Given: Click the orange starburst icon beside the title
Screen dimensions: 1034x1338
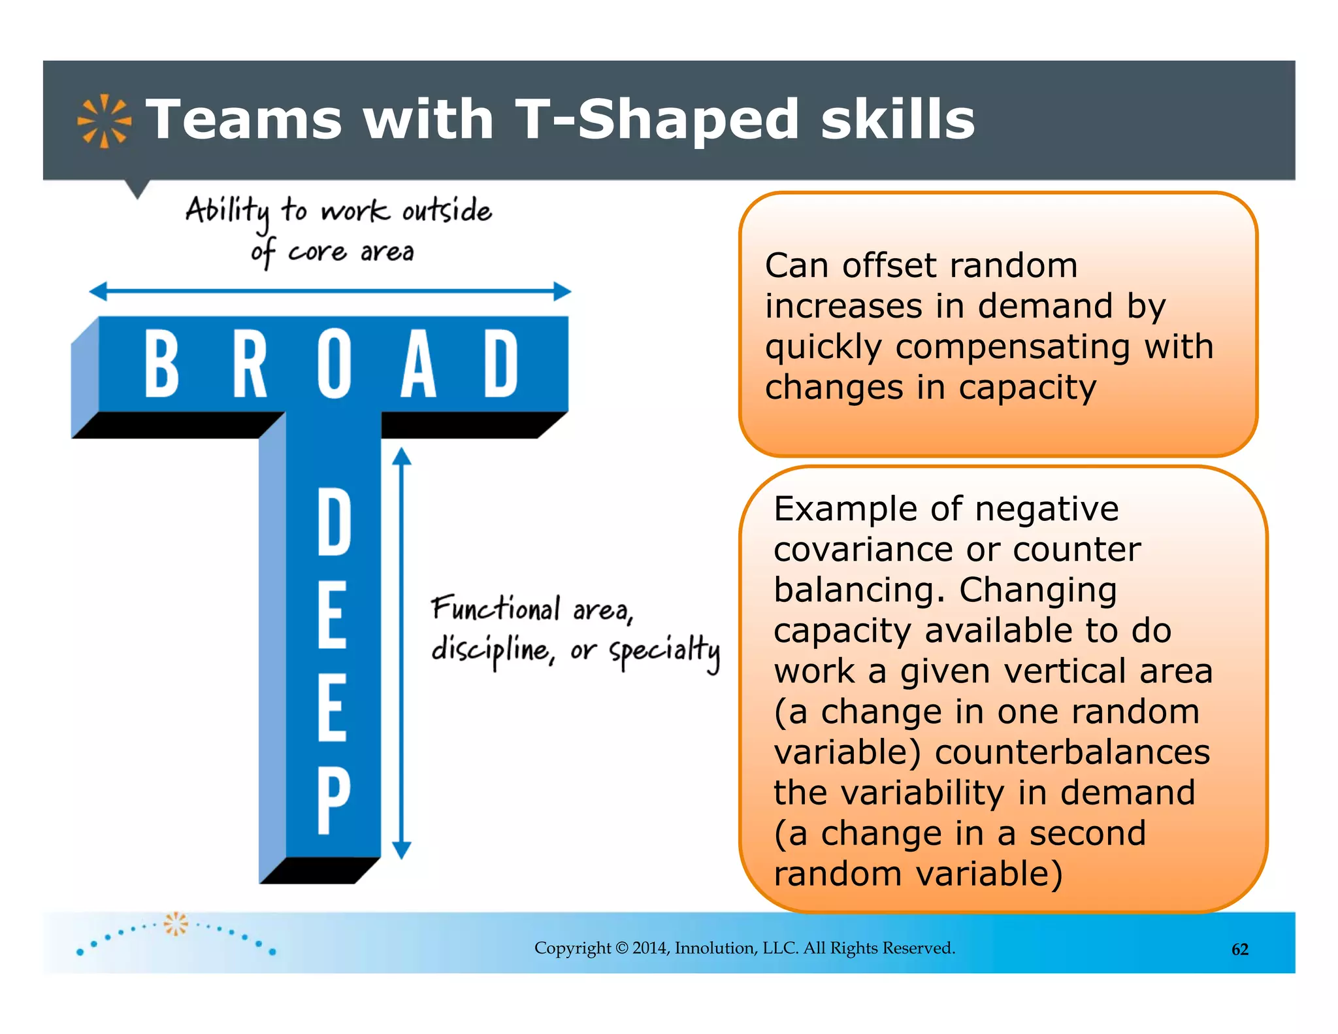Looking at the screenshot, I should pyautogui.click(x=104, y=121).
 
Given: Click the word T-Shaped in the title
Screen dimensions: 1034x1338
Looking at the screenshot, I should pyautogui.click(x=657, y=120).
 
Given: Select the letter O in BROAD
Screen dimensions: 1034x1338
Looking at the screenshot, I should pyautogui.click(x=334, y=363).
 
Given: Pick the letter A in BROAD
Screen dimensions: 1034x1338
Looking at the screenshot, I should pyautogui.click(x=418, y=363).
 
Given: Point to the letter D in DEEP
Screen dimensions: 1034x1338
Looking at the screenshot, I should pyautogui.click(x=334, y=523).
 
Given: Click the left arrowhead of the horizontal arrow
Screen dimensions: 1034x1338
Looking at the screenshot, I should pyautogui.click(x=98, y=292).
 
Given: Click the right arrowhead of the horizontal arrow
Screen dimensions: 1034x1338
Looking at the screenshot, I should pyautogui.click(x=562, y=292).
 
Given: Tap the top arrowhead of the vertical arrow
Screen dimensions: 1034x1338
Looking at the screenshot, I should pyautogui.click(x=402, y=456).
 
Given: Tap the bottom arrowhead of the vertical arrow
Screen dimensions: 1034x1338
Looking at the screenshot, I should pyautogui.click(x=402, y=850).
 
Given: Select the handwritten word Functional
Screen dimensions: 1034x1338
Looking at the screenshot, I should pyautogui.click(x=495, y=609).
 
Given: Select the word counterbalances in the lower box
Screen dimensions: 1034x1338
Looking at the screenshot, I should pyautogui.click(x=1072, y=752).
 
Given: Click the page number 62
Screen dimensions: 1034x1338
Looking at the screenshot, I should pyautogui.click(x=1239, y=950).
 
